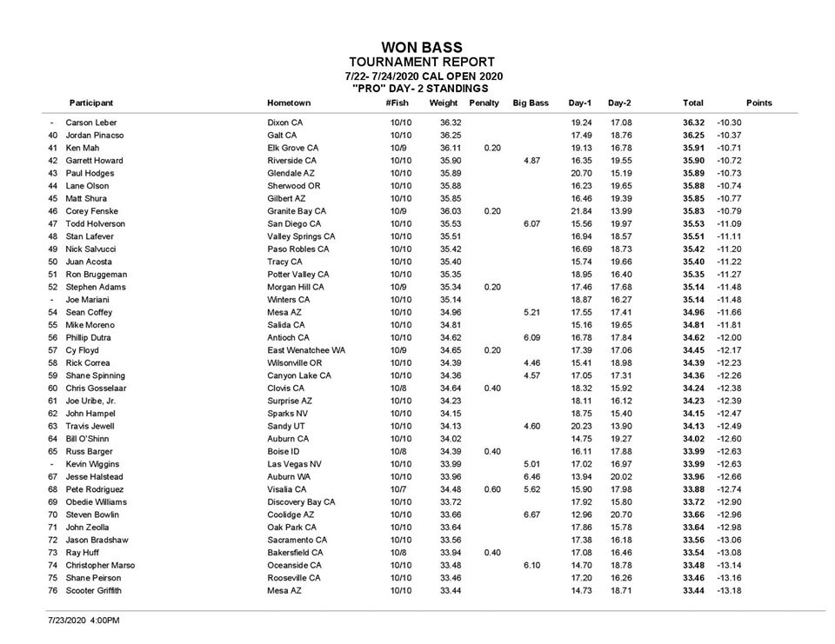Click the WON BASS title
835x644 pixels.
[422, 48]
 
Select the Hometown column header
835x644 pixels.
[289, 103]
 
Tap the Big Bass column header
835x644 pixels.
[531, 103]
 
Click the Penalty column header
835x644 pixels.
[484, 103]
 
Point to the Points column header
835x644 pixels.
[758, 103]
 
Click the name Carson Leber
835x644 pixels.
[91, 123]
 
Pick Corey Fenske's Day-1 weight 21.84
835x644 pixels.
[581, 211]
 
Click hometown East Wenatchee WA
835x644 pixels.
[306, 350]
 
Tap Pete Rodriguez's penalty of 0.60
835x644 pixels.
[492, 489]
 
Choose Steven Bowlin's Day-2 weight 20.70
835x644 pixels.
[620, 515]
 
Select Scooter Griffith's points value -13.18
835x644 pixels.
[729, 591]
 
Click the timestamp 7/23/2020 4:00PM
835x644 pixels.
[84, 621]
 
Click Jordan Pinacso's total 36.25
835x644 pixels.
[693, 136]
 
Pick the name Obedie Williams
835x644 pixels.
[97, 502]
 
